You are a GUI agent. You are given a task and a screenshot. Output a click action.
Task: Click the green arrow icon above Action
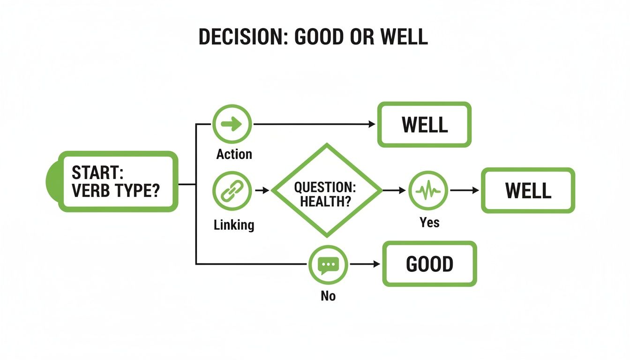pos(232,124)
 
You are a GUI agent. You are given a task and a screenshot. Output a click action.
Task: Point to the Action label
pos(234,154)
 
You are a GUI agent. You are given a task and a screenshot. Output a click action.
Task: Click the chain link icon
pos(232,190)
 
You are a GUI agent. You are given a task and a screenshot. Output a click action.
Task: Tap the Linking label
pos(234,225)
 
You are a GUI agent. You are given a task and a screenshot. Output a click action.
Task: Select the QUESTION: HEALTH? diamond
pos(327,190)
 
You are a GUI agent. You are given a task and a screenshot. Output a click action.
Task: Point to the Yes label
pos(429,222)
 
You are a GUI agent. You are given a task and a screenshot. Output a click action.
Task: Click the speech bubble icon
pos(328,264)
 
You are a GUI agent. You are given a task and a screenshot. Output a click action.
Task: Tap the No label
pos(328,296)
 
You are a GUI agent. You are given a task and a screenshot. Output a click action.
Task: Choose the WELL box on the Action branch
pos(424,125)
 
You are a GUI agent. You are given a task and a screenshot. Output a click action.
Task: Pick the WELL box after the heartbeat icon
pos(528,190)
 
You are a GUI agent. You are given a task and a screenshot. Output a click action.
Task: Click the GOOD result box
pos(429,264)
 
